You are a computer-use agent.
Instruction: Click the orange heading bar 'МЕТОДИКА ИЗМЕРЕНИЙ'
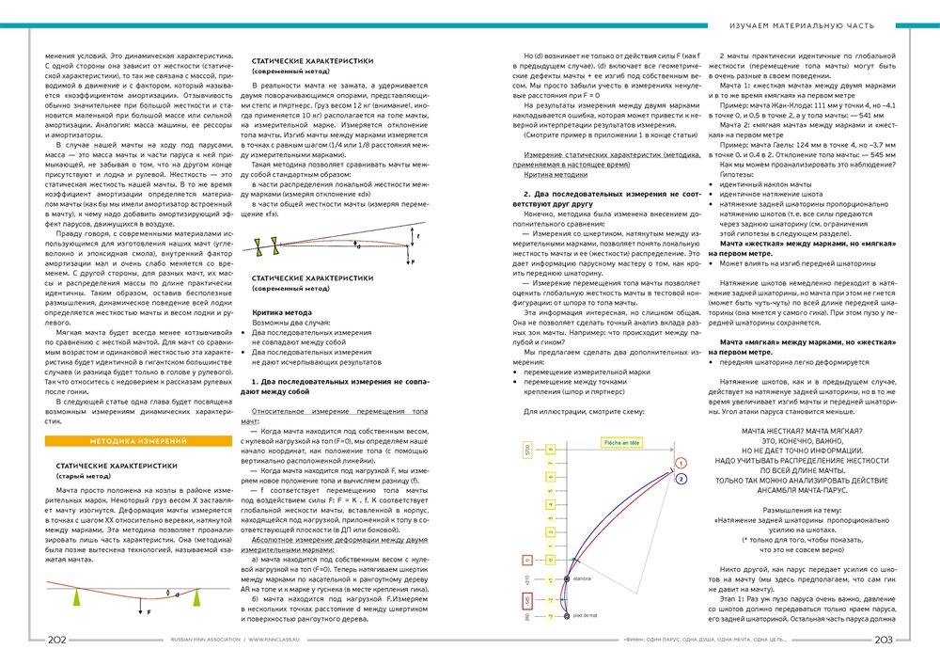coord(137,440)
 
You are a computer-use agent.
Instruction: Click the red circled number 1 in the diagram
coord(679,463)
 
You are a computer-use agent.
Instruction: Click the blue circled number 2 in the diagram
coord(680,480)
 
